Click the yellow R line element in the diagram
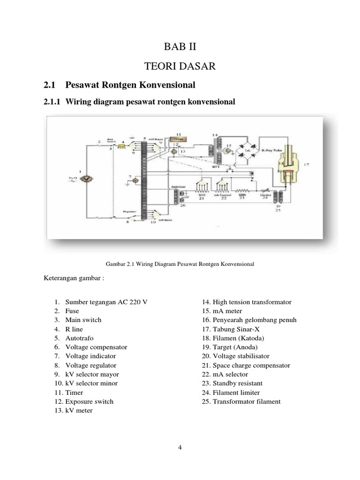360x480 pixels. click(x=121, y=146)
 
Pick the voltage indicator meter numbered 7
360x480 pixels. click(x=135, y=180)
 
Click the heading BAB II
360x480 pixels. click(x=180, y=46)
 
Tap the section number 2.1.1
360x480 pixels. click(x=52, y=101)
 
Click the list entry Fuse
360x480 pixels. click(x=72, y=311)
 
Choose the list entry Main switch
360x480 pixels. click(x=83, y=320)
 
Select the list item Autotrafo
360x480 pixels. click(x=81, y=338)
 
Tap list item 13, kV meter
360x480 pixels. click(x=79, y=410)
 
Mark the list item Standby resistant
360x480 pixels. click(x=237, y=383)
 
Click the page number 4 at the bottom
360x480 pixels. click(x=180, y=447)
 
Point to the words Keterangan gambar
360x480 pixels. click(x=73, y=278)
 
